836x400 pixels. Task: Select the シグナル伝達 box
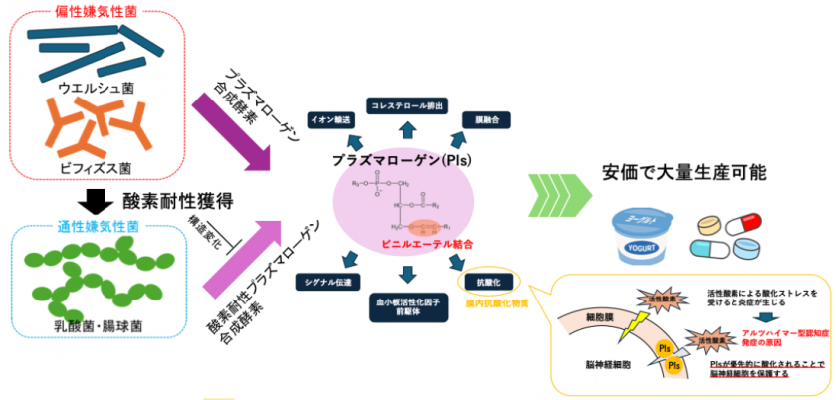(323, 282)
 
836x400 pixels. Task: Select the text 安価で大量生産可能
(687, 172)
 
